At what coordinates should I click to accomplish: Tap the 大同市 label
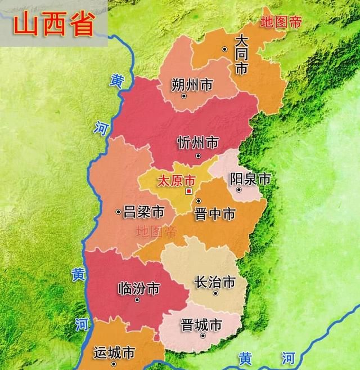tap(241, 55)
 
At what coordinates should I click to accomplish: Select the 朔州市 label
tap(192, 85)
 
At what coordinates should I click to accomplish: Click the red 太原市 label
tap(175, 181)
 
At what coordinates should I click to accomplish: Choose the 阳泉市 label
tap(250, 179)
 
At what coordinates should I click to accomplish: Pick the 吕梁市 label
tap(143, 212)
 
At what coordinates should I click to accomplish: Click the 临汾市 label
tap(139, 288)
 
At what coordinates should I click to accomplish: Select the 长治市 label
tap(214, 282)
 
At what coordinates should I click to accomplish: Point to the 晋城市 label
tap(201, 325)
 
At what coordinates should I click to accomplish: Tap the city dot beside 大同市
tap(224, 50)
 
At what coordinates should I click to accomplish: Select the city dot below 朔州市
tap(183, 96)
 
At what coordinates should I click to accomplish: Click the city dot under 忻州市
tap(197, 155)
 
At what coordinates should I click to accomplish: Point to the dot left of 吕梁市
tap(118, 212)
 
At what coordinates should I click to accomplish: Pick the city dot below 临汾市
tap(137, 300)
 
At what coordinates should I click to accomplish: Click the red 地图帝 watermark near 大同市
tap(281, 22)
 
